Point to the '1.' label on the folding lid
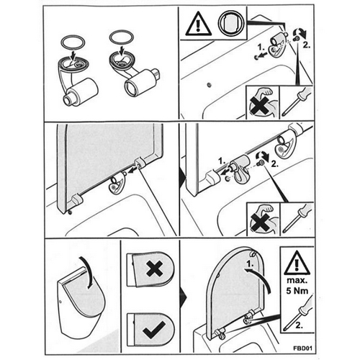pyautogui.click(x=248, y=264)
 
